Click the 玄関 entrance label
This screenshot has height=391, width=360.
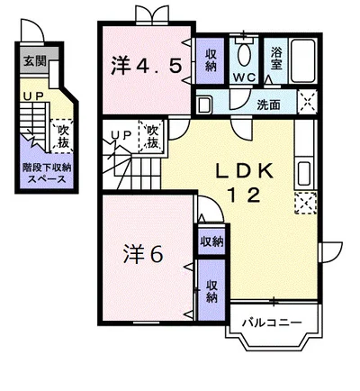coord(35,61)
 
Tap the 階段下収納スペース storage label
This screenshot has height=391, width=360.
coord(47,173)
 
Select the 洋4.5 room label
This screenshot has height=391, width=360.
coord(147,66)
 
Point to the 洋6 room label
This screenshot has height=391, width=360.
coord(144,254)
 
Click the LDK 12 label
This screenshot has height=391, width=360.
coord(245,184)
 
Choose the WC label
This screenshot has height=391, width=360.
coord(245,77)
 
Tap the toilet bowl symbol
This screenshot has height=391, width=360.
coord(244,55)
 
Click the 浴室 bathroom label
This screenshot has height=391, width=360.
coord(276,59)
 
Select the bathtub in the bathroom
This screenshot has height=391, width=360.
coord(303,60)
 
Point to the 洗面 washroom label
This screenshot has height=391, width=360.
coord(268,105)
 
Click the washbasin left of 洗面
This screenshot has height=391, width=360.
coord(204,105)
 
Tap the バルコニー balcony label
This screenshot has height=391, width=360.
coord(272,323)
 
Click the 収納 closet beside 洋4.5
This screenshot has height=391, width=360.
coord(211,60)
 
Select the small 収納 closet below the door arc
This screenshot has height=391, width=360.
coord(211,241)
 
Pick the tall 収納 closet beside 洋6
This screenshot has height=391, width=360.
coord(211,290)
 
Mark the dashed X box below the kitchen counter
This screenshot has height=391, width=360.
coord(305,203)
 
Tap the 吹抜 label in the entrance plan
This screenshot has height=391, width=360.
coord(63,136)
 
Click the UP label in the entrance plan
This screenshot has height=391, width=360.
coord(34,96)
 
